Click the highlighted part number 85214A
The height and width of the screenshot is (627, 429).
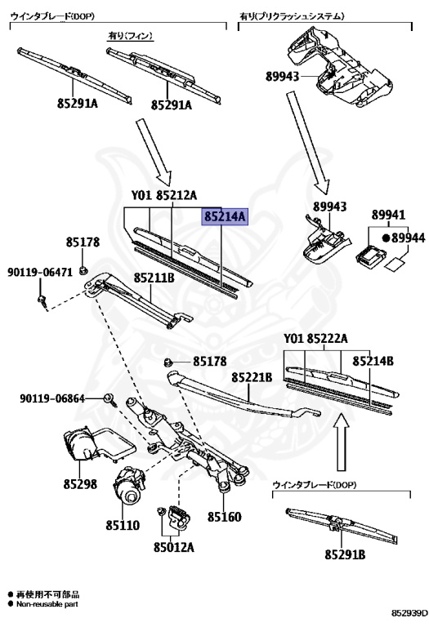225,217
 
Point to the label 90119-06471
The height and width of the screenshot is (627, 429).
40,272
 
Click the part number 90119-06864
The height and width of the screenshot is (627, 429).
52,398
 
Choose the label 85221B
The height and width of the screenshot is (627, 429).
251,377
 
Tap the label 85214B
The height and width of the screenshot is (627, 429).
373,359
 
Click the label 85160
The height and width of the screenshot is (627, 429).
224,517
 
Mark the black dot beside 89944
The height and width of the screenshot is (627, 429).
386,238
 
